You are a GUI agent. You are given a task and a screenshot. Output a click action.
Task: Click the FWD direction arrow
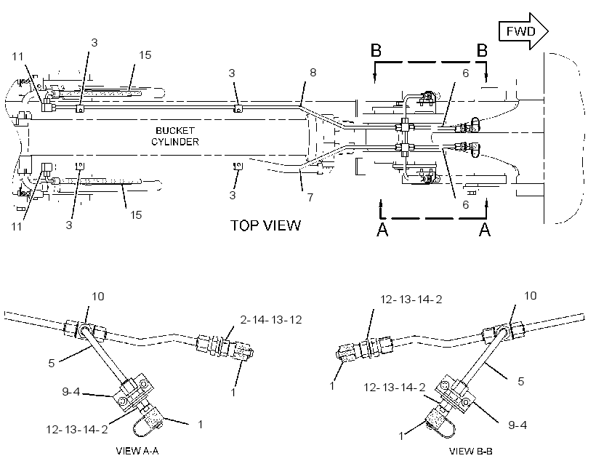coord(523,31)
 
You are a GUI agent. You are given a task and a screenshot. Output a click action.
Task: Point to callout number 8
coord(313,72)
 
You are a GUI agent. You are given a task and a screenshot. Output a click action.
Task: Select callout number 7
coord(310,197)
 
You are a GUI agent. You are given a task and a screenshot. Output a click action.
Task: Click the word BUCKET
coord(175,130)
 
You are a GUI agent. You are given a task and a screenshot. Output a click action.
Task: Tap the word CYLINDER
coord(175,142)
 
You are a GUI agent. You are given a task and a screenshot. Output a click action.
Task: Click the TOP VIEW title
coord(265,225)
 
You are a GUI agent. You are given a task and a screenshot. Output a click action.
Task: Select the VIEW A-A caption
coord(137,451)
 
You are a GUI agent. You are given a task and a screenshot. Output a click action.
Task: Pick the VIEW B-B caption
coord(470,451)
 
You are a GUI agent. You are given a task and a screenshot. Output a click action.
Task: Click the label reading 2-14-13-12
coord(270,319)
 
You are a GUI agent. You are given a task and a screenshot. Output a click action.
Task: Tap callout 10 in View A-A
coord(98,296)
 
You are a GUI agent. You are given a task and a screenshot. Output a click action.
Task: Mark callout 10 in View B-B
coord(531,295)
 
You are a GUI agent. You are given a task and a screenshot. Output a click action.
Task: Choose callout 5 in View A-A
coord(52,364)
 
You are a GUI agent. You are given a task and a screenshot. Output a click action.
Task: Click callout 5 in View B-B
coord(520,381)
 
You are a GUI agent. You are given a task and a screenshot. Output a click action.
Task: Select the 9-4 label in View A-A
coord(71,391)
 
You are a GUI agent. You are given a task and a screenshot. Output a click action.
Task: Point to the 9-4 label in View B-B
coord(518,425)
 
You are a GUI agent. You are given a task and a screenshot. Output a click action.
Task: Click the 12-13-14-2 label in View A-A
coord(77,430)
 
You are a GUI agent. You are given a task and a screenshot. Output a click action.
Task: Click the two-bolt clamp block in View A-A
coord(133,393)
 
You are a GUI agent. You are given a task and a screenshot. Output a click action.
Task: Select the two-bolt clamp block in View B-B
coord(456,393)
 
